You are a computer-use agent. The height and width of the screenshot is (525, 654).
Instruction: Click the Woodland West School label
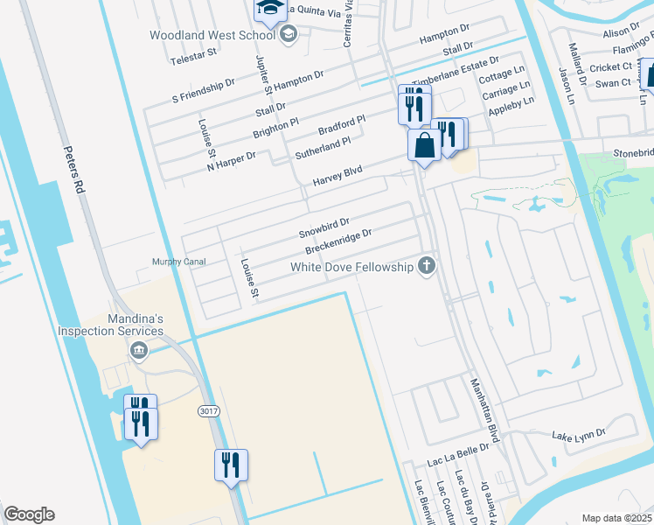(x=212, y=35)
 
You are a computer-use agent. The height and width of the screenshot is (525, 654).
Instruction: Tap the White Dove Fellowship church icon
(x=427, y=267)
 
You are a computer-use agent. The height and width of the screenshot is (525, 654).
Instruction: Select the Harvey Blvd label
(x=337, y=177)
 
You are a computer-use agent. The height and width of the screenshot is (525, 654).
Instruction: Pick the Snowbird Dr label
(x=324, y=228)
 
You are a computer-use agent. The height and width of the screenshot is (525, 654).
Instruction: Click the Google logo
(x=29, y=514)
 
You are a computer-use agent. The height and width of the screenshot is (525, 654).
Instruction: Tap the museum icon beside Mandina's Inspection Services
(x=138, y=351)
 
